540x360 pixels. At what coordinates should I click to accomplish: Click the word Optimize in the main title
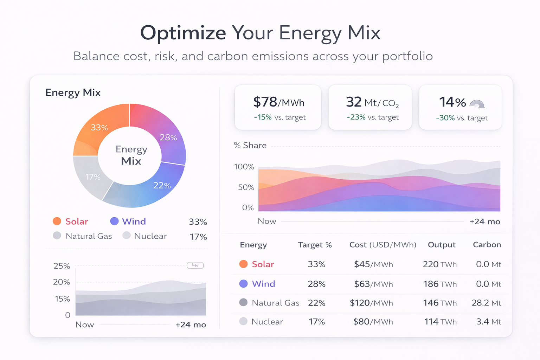[x=183, y=33]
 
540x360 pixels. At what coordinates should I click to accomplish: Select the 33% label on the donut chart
[x=99, y=127]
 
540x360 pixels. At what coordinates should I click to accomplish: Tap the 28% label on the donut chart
[x=168, y=137]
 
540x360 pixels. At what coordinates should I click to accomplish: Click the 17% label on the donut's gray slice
[x=93, y=177]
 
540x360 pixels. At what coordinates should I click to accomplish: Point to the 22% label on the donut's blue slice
[x=162, y=185]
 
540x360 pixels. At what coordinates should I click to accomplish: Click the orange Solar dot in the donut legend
[x=57, y=221]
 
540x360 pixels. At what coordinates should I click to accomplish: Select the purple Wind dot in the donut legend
[x=114, y=221]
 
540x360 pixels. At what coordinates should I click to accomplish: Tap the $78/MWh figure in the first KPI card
[x=278, y=102]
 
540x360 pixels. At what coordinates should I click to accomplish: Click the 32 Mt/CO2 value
[x=372, y=102]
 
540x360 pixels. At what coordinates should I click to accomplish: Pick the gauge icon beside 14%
[x=477, y=104]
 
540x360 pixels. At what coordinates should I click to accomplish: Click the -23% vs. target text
[x=372, y=117]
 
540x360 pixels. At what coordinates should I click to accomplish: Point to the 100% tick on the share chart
[x=244, y=167]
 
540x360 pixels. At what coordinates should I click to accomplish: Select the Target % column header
[x=315, y=245]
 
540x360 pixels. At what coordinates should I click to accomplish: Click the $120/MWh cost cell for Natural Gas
[x=371, y=303]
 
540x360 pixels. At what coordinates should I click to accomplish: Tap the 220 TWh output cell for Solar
[x=439, y=264]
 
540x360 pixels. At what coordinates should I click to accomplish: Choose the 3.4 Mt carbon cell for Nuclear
[x=488, y=322]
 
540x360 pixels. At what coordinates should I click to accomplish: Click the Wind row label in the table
[x=263, y=284]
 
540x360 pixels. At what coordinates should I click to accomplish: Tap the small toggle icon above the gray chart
[x=195, y=265]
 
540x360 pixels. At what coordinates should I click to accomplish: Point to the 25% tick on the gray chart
[x=62, y=266]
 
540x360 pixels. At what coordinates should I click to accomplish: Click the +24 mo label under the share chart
[x=484, y=221]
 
